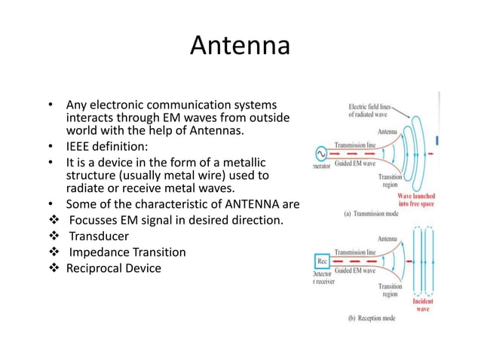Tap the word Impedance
(x=100, y=252)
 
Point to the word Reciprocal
(x=96, y=268)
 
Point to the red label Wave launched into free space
(x=418, y=201)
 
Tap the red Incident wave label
(x=423, y=305)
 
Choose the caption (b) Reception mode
(x=372, y=318)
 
